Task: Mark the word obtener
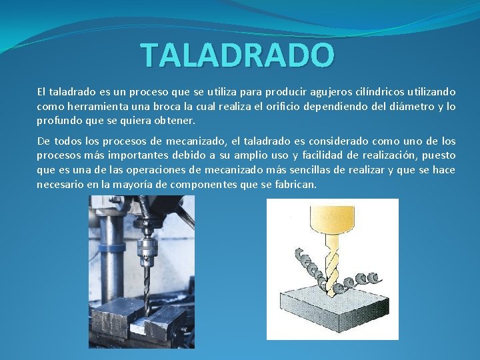click(175, 121)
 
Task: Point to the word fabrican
click(293, 185)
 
